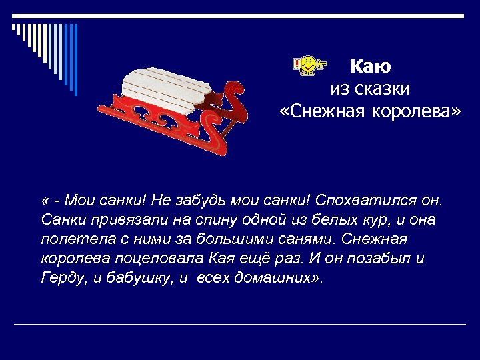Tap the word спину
point(200,219)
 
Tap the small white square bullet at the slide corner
point(13,28)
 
